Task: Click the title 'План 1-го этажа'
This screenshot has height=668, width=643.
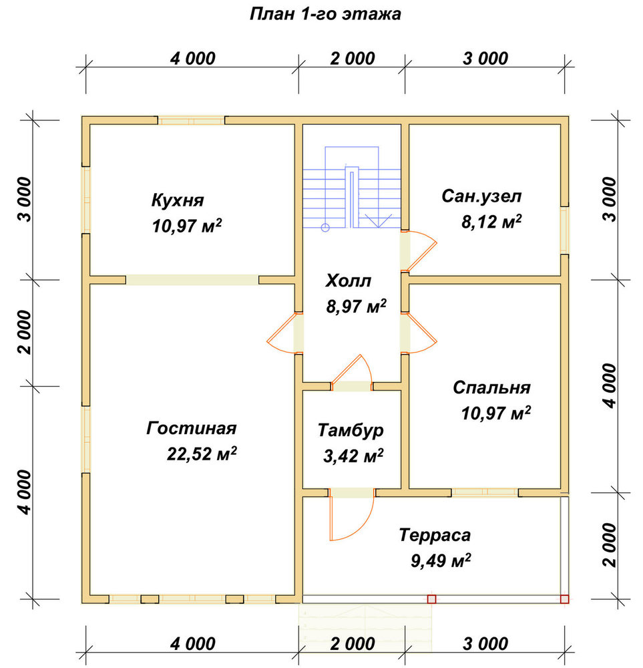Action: (325, 14)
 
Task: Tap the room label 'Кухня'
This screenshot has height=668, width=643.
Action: (178, 200)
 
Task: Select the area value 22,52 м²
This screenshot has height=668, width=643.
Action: (202, 454)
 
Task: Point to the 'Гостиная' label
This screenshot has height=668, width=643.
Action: (191, 428)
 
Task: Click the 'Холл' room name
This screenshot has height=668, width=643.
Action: (349, 281)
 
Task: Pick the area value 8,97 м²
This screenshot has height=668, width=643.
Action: (357, 307)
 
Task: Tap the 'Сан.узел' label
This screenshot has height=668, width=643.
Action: (481, 196)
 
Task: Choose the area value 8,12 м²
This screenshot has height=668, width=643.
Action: (492, 222)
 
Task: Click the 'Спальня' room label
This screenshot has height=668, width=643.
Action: (492, 387)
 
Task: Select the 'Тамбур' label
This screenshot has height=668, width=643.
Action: (351, 430)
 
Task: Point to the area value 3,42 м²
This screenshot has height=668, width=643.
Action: (353, 456)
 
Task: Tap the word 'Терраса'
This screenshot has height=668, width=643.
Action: (435, 535)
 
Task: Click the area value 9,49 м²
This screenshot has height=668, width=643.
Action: (441, 560)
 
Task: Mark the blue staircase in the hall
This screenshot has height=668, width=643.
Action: (352, 188)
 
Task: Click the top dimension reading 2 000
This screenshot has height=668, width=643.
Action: (353, 58)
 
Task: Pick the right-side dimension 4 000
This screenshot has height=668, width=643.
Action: (610, 386)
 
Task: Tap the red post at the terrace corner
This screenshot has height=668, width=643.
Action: (565, 599)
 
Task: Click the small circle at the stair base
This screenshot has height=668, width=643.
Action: (325, 228)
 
